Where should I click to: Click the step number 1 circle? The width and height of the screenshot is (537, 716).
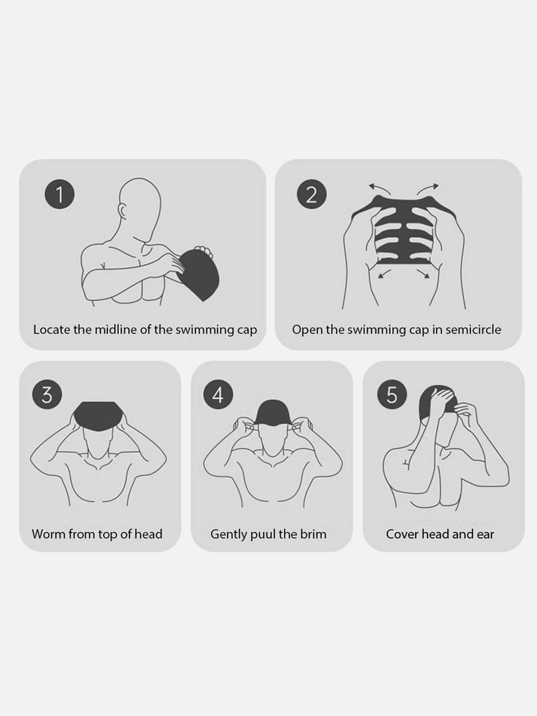pos(59,194)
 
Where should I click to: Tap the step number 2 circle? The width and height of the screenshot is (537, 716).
pos(312,194)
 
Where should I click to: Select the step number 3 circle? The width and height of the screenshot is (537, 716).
pos(47,395)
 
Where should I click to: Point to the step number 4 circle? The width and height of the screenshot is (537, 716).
pos(218,395)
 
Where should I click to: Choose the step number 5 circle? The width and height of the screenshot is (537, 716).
pos(392,395)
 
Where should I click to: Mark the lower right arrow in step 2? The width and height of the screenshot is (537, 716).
pos(423,274)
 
